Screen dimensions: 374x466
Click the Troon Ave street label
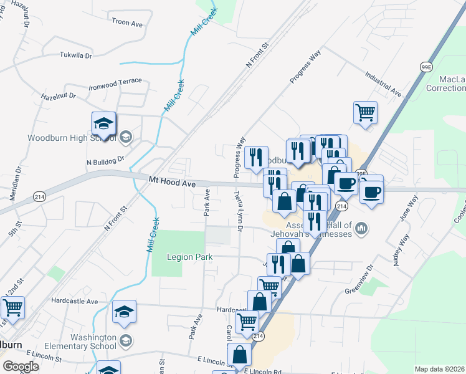[128, 22]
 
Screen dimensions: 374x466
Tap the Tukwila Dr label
[75, 55]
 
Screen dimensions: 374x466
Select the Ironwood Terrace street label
[115, 82]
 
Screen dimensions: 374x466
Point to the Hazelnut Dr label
[58, 97]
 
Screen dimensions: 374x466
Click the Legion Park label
[189, 257]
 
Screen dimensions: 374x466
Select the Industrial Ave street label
[383, 84]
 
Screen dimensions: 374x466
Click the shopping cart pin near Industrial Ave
[365, 113]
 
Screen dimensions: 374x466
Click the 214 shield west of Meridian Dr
[38, 196]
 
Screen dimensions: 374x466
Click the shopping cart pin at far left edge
[12, 307]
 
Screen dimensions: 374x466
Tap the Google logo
[21, 366]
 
